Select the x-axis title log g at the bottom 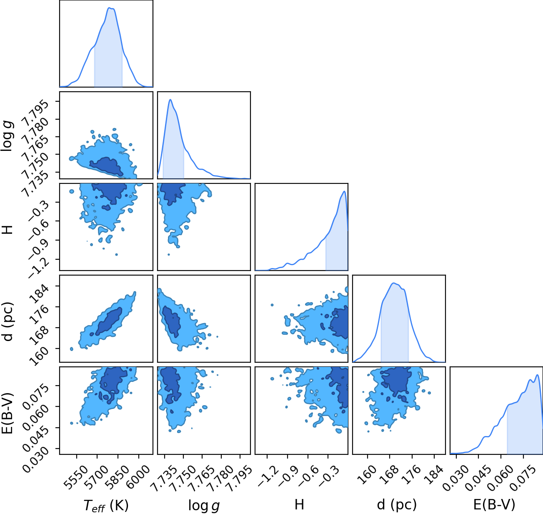204,505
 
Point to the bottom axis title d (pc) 397,504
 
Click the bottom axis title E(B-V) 494,504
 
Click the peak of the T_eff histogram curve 110,8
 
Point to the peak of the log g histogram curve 170,100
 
